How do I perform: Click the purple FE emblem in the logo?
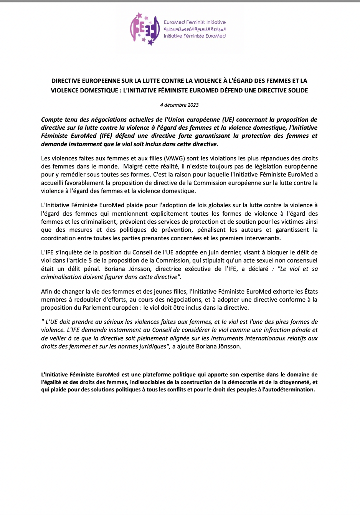coord(144,29)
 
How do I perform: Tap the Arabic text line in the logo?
coord(195,29)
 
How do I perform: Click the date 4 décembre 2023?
coord(179,105)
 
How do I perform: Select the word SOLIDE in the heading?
coord(296,91)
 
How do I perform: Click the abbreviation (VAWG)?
coord(174,158)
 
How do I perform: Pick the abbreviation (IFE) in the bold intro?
coord(105,136)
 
